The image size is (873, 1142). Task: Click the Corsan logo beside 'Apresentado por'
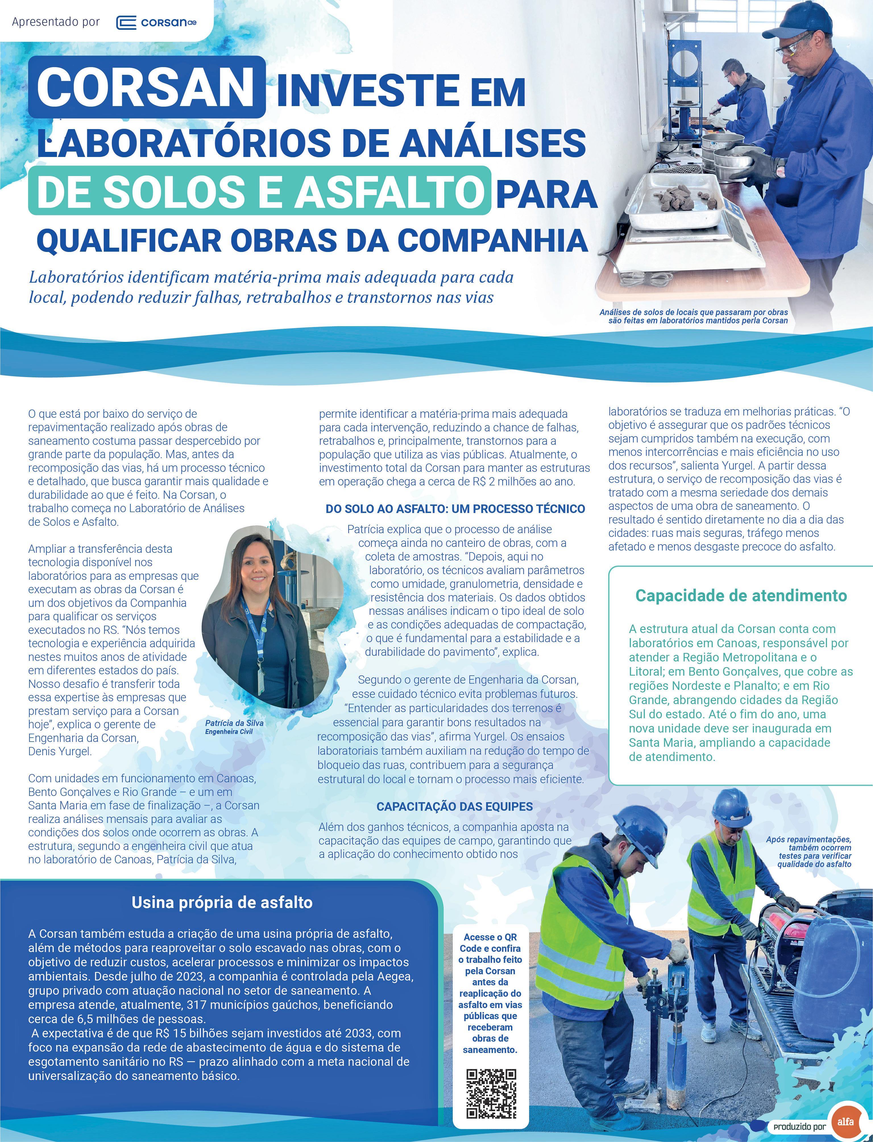tap(155, 22)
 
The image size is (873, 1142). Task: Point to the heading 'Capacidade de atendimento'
tap(741, 596)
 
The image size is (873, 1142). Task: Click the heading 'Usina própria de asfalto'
tap(222, 917)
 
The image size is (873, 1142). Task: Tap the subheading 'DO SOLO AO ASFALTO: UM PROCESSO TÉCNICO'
tap(455, 509)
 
